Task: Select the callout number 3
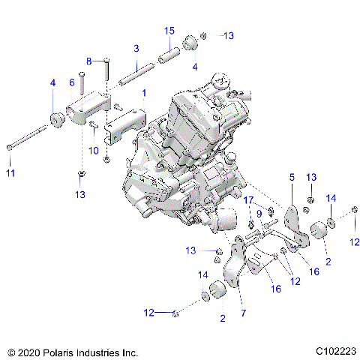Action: [x=136, y=48]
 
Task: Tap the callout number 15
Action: [x=169, y=30]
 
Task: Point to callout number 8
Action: [x=88, y=60]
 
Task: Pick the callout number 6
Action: [x=73, y=82]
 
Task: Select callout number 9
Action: [x=259, y=213]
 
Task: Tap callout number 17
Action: [x=249, y=199]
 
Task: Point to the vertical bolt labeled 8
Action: [x=107, y=73]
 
